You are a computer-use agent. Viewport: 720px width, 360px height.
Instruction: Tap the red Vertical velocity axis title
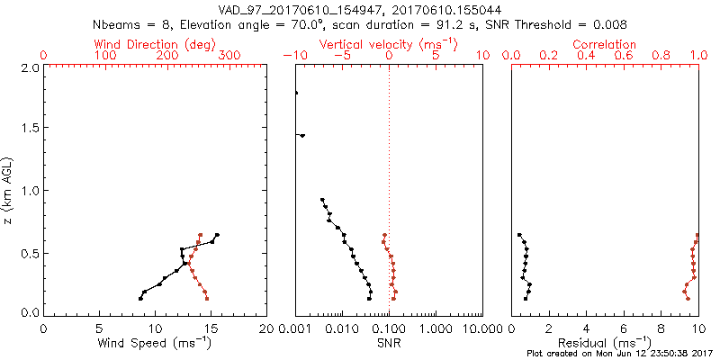(387, 44)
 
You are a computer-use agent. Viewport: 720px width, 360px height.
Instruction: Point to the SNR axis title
(389, 343)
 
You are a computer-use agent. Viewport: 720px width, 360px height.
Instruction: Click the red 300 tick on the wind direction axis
(229, 56)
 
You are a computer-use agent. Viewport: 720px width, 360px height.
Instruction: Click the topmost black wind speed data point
(217, 235)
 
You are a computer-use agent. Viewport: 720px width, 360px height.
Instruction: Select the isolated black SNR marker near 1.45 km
(302, 136)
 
